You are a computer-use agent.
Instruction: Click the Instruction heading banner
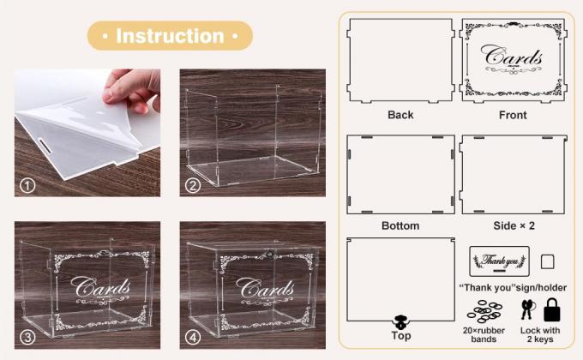[170, 36]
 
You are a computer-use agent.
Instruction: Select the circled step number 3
[28, 336]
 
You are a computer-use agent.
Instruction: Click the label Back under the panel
[400, 115]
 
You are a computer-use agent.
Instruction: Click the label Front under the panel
[513, 115]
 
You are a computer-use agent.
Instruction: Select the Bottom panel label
[400, 226]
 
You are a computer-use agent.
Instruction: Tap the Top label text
[400, 336]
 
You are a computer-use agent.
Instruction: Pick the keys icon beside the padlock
[527, 309]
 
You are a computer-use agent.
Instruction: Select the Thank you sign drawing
[500, 261]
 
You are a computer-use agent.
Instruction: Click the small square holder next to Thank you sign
[548, 261]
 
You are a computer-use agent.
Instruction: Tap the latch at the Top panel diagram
[400, 322]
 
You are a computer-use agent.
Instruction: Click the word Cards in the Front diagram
[513, 58]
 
